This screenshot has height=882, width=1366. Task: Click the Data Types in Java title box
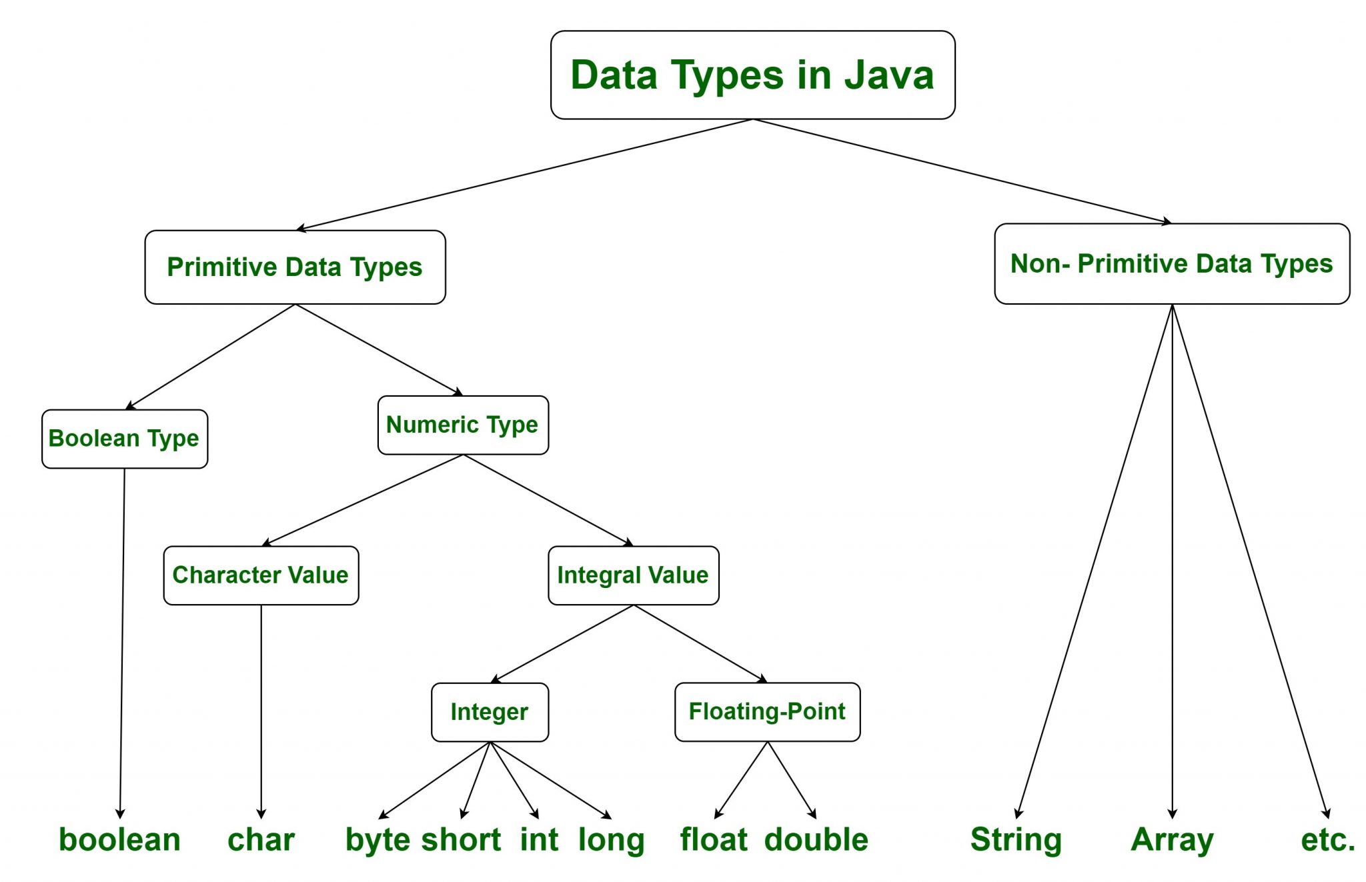tap(752, 75)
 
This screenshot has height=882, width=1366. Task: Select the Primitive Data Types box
tap(295, 267)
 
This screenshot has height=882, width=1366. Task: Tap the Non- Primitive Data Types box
tap(1171, 264)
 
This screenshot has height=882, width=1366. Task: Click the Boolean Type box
tap(125, 439)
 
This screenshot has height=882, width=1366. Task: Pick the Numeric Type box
tap(462, 425)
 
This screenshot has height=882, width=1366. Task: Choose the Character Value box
tap(261, 575)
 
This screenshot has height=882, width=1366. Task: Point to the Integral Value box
tap(633, 575)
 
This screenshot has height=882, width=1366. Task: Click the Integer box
tap(490, 712)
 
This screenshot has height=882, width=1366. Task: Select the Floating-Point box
tap(767, 711)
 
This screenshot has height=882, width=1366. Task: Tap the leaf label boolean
tap(120, 840)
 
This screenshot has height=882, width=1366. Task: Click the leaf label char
tap(261, 840)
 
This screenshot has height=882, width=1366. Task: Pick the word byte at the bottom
tap(377, 840)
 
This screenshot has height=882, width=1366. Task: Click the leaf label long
tap(611, 840)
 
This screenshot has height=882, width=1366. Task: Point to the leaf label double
tap(816, 840)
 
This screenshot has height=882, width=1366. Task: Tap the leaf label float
tap(714, 840)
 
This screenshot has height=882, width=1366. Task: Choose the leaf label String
tap(1016, 840)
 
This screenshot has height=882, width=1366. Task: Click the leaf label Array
tap(1172, 840)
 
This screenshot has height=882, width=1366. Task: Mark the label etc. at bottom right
tap(1327, 840)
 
